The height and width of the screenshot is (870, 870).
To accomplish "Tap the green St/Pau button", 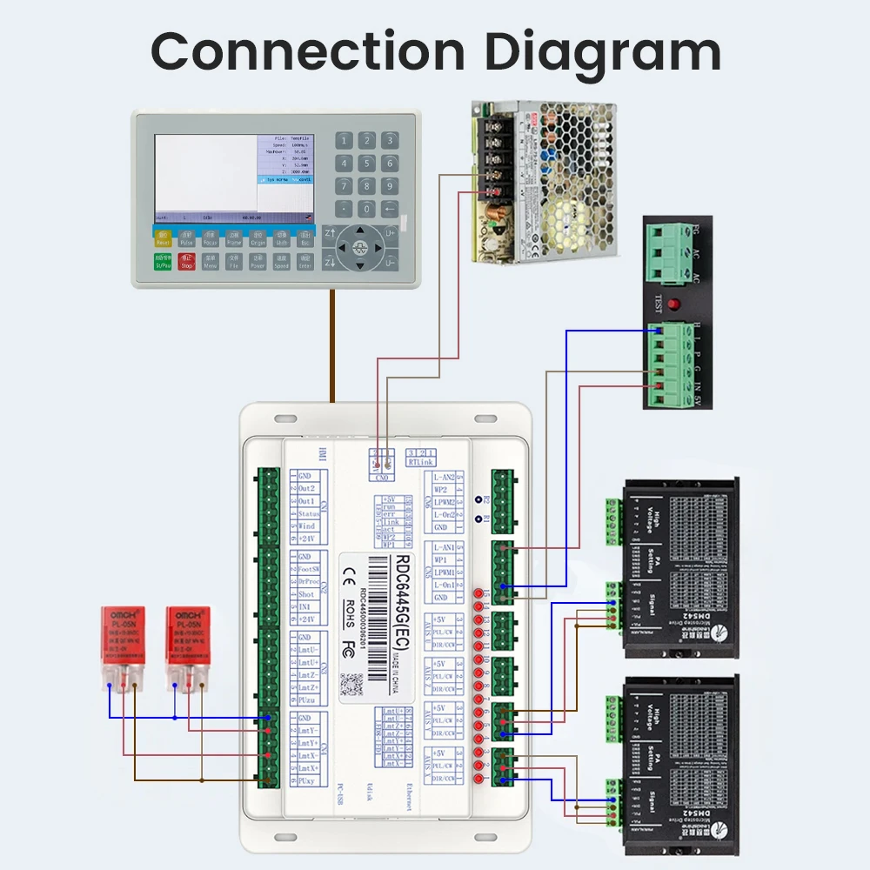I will click(163, 261).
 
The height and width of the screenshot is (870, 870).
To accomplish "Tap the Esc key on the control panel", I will click(305, 238).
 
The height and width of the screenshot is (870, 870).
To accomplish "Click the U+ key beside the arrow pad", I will click(391, 233).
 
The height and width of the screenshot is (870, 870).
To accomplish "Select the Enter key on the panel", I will click(305, 261).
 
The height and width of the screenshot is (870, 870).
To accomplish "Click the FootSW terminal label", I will click(307, 570).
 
